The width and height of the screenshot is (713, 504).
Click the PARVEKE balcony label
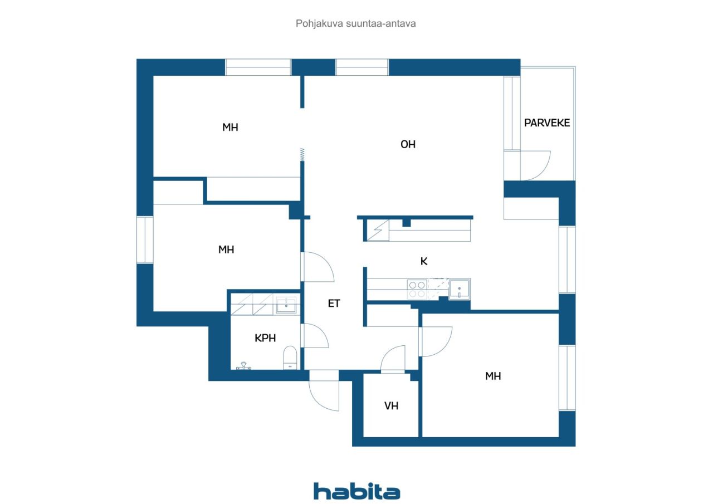(x=547, y=123)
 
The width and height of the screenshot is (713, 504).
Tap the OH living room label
(x=408, y=144)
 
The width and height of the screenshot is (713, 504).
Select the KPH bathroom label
(x=265, y=338)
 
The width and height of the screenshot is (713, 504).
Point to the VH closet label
(x=391, y=406)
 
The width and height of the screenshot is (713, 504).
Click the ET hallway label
(x=334, y=304)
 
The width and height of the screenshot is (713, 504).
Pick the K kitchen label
(x=424, y=261)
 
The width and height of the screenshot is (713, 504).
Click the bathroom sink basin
(x=286, y=305)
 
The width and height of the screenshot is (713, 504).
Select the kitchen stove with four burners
(x=417, y=288)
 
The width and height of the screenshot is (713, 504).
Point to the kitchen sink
(x=459, y=288)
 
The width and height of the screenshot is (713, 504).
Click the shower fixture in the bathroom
(x=243, y=366)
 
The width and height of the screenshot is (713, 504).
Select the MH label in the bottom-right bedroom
(x=493, y=376)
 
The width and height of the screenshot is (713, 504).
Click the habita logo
(x=356, y=491)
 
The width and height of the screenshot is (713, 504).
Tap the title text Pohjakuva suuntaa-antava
(x=356, y=24)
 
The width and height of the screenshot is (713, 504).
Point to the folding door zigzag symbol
(x=302, y=154)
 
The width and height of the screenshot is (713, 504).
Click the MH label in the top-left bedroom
(x=230, y=128)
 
